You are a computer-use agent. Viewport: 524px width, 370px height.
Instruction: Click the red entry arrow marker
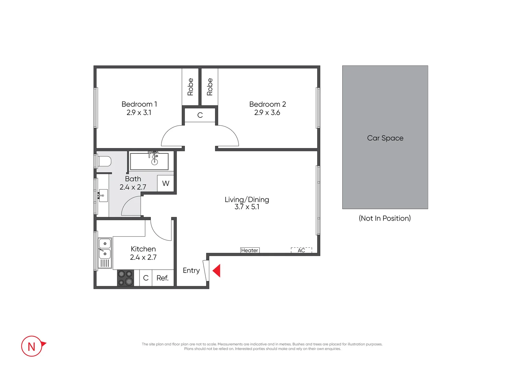click(x=217, y=271)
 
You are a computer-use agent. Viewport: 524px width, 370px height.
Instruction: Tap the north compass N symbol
click(x=32, y=346)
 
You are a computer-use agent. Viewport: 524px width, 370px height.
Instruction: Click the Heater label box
click(x=250, y=250)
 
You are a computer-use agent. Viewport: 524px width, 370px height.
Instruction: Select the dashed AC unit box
click(x=301, y=250)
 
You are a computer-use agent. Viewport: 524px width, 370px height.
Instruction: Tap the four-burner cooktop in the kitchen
click(x=126, y=278)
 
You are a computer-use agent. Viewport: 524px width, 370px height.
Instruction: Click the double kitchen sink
click(x=105, y=249)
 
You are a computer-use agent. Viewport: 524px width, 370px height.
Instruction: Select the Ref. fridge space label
click(x=163, y=278)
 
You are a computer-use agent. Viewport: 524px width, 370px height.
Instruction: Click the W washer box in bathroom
click(x=166, y=183)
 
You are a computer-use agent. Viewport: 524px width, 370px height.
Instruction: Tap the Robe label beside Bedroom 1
click(x=190, y=87)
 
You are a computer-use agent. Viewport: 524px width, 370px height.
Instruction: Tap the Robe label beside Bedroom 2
click(x=210, y=87)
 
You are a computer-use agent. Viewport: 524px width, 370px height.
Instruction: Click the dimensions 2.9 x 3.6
click(x=267, y=113)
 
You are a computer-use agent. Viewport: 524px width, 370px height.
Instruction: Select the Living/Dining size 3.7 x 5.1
click(x=247, y=207)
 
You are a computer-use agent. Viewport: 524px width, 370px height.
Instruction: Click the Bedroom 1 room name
click(x=139, y=104)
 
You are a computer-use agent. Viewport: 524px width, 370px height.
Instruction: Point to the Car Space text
click(x=385, y=138)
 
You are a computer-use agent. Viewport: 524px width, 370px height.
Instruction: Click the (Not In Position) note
click(x=385, y=218)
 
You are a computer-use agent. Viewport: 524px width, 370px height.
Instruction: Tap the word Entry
click(x=191, y=270)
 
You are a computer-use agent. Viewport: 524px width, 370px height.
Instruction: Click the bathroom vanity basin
click(x=103, y=196)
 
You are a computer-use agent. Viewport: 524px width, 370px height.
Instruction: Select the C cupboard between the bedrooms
click(x=200, y=115)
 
